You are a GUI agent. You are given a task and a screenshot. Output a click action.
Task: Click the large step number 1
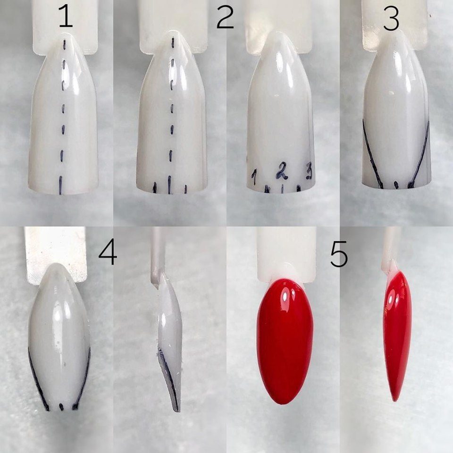click(x=66, y=17)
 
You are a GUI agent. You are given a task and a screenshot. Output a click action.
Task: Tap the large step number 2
click(x=225, y=17)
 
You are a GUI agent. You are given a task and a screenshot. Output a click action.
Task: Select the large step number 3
click(x=391, y=18)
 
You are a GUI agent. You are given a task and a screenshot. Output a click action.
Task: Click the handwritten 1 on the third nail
click(x=254, y=177)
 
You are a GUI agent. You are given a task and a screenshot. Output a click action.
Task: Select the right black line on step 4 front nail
click(x=83, y=378)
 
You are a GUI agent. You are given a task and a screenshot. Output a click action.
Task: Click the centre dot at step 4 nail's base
click(x=61, y=407)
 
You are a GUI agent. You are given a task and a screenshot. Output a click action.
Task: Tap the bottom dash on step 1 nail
click(x=61, y=185)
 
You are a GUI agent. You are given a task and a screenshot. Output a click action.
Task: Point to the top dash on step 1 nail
click(x=65, y=44)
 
